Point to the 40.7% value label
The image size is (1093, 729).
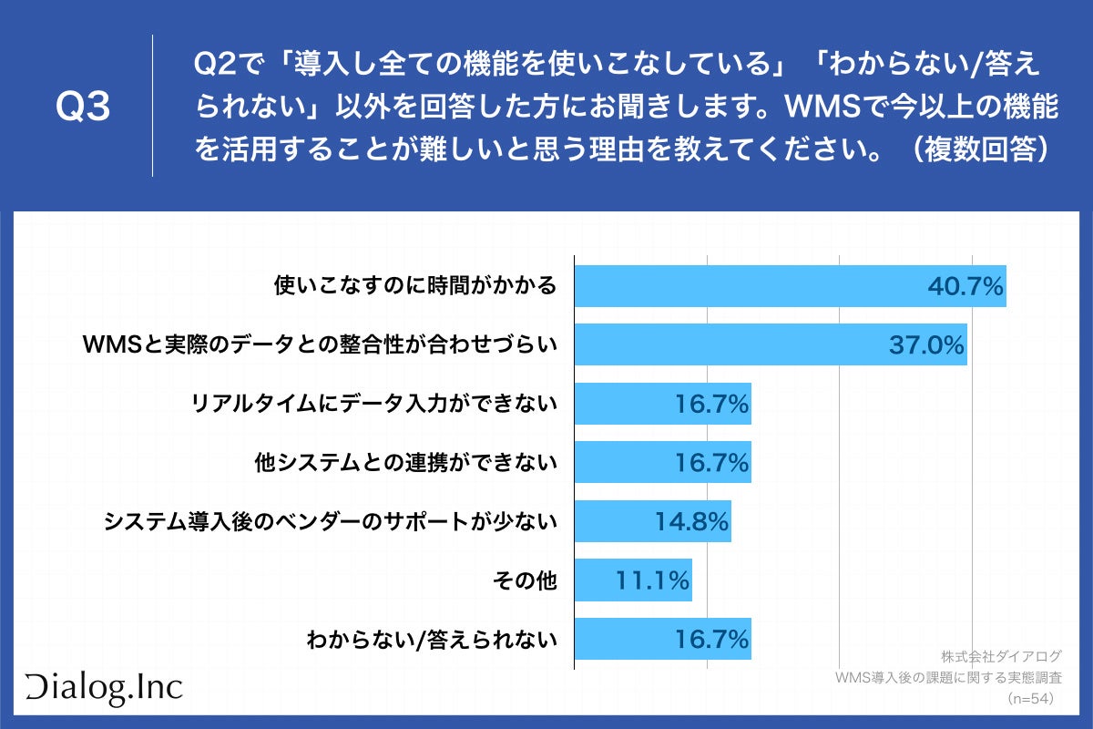coord(965,286)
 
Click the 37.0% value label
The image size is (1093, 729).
coord(925,344)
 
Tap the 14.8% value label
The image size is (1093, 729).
coord(691,521)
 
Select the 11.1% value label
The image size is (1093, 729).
coord(651,580)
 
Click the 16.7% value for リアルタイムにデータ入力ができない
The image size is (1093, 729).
coord(711,404)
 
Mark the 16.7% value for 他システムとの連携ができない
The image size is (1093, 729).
coord(711,463)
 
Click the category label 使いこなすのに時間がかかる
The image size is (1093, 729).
coord(414,286)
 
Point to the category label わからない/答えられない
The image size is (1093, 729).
coord(431,639)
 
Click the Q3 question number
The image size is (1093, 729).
coord(83,108)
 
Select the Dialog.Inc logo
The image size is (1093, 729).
coord(103,689)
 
